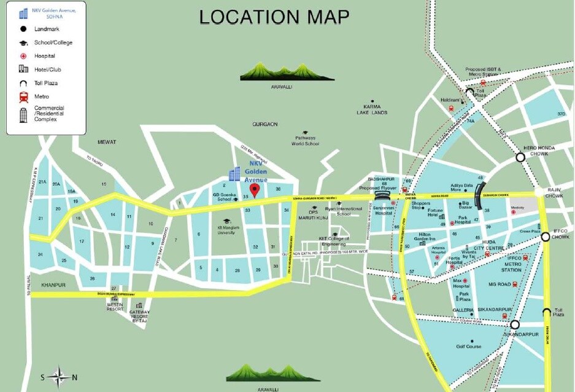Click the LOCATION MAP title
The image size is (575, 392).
274,17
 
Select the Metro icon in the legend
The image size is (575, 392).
24,96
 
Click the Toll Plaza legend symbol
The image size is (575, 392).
24,83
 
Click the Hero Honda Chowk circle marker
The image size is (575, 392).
520,157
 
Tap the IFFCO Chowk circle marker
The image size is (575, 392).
545,236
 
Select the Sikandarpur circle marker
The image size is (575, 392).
514,324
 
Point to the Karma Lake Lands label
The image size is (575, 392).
372,109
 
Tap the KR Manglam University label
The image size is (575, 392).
226,230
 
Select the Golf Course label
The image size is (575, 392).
469,347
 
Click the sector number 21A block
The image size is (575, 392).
42,182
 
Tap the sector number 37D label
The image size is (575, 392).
561,114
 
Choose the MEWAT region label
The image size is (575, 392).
106,142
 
